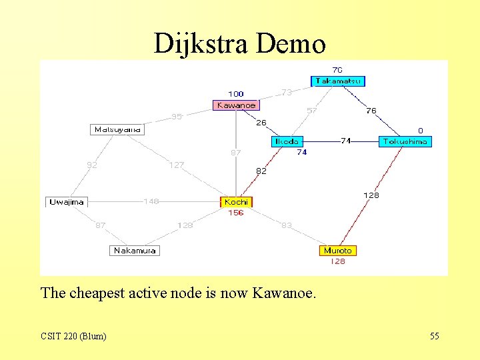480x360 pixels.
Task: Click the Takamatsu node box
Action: click(x=338, y=81)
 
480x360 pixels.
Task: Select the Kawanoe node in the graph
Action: click(x=236, y=105)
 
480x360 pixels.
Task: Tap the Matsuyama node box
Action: click(x=117, y=129)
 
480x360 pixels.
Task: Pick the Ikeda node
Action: click(x=287, y=141)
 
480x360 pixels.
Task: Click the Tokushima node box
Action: click(x=405, y=141)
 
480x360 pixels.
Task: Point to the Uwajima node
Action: click(x=67, y=202)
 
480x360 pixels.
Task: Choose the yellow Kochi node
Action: click(x=237, y=202)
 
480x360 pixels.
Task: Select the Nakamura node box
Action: click(x=135, y=251)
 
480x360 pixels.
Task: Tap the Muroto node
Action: click(x=337, y=251)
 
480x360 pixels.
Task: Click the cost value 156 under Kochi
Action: click(x=236, y=213)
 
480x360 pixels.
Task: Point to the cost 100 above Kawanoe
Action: click(x=236, y=94)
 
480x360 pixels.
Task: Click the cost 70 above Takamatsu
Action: click(x=337, y=69)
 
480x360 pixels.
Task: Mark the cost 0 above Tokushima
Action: click(x=421, y=130)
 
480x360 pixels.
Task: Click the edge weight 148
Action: click(x=151, y=201)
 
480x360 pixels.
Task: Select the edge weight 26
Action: click(x=261, y=123)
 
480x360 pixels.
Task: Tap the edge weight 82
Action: click(x=261, y=171)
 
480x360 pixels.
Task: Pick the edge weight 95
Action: click(x=176, y=117)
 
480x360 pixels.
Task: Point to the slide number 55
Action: click(x=435, y=336)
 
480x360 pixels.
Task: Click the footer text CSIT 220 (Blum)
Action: click(x=73, y=336)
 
